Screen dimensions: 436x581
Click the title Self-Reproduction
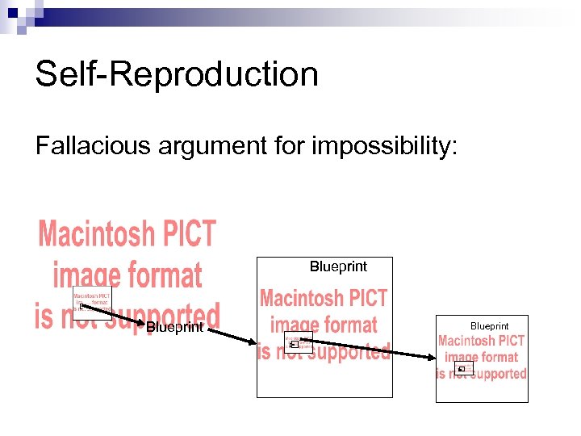pyautogui.click(x=177, y=74)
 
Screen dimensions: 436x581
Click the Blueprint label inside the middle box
pyautogui.click(x=338, y=266)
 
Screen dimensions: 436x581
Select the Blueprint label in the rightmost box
pyautogui.click(x=489, y=326)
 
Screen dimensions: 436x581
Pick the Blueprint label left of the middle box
pyautogui.click(x=174, y=327)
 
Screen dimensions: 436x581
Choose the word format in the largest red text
pyautogui.click(x=162, y=275)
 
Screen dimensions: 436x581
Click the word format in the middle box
pyautogui.click(x=346, y=325)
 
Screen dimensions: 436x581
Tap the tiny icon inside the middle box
pyautogui.click(x=294, y=345)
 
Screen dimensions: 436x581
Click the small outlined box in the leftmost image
pyautogui.click(x=92, y=304)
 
